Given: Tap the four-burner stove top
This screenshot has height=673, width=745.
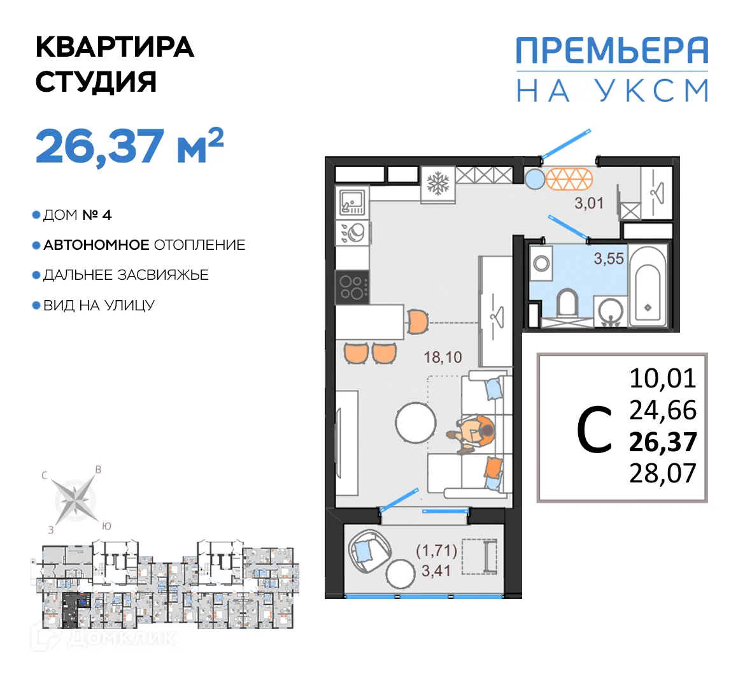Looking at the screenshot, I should coord(352,287).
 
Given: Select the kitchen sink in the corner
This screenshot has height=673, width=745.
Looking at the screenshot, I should coord(351,202).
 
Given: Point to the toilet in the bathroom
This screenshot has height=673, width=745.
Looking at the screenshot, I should coord(567,304).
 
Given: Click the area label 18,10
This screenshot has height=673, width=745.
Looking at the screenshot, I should coord(443,357).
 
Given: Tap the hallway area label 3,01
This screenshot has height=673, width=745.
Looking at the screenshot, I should coord(588,204).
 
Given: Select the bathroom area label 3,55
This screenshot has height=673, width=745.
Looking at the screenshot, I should coord(609,259).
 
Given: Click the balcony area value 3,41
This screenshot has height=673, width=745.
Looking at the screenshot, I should coord(436,571).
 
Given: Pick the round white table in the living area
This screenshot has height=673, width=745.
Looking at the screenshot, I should coord(416,423).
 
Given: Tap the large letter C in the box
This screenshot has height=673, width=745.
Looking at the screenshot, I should coord(593,431).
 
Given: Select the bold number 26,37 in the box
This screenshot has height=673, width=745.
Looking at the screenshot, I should coord(663,442).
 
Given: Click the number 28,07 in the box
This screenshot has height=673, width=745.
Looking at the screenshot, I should coord(663,474).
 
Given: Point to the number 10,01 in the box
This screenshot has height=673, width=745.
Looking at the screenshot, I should coord(663,379).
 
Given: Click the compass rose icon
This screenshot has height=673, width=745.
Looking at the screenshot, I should coord(74,498).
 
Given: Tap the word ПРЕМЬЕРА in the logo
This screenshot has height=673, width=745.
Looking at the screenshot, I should coord(612,51).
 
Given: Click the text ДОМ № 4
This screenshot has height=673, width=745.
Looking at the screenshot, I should coord(77,215).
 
